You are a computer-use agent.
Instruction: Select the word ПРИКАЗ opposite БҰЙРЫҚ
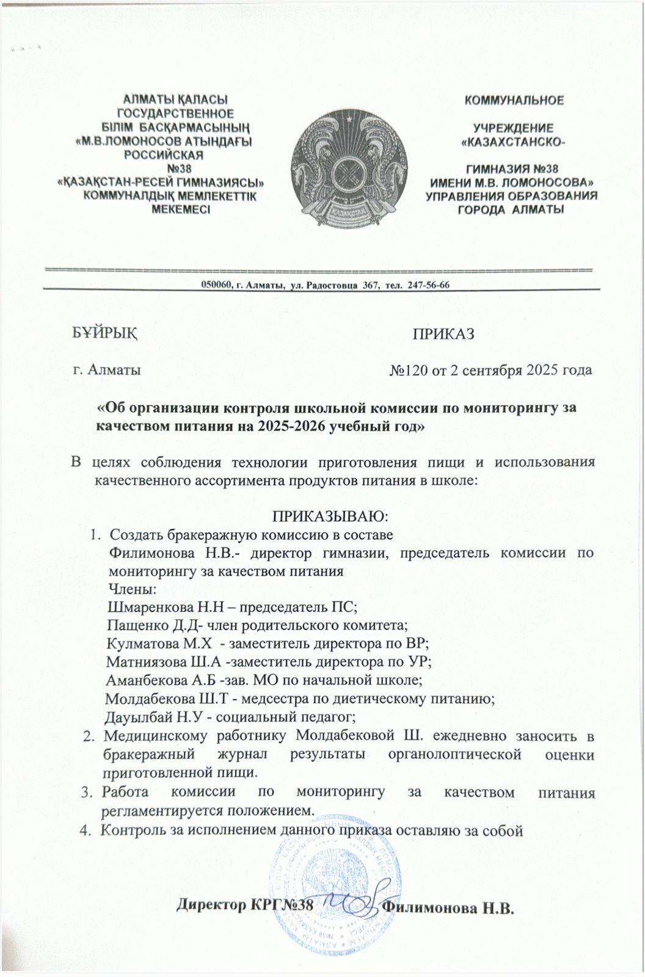tap(443, 334)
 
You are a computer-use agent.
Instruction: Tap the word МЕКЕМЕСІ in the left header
tap(180, 209)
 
